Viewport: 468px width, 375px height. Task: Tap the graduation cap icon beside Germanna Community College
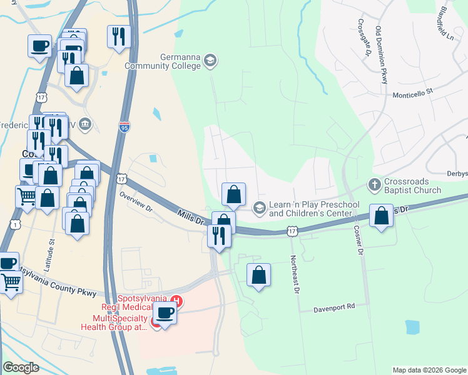click(x=211, y=61)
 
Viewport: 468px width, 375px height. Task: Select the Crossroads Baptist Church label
click(x=412, y=186)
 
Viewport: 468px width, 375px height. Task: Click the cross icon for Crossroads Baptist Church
click(x=374, y=185)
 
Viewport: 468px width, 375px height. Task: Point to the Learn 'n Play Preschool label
click(x=314, y=209)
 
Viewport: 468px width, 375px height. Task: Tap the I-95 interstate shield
click(x=125, y=127)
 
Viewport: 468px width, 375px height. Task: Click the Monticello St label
click(x=412, y=92)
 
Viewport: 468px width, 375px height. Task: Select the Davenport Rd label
click(x=335, y=307)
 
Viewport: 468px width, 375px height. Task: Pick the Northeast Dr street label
click(x=294, y=272)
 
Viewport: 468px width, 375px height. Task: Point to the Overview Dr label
click(x=136, y=199)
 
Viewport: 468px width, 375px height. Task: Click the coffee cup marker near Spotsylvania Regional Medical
click(x=165, y=312)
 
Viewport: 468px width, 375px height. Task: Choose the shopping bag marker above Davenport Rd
click(x=259, y=275)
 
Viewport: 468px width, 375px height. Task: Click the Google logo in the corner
click(x=21, y=367)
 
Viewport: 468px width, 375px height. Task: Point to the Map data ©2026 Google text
click(x=429, y=370)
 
